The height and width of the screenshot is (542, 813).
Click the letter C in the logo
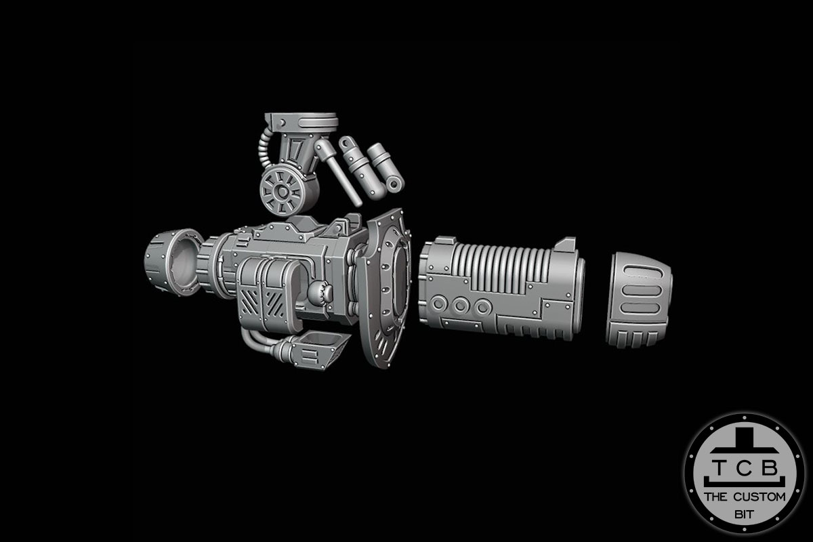(744, 469)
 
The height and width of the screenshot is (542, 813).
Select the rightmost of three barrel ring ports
(482, 307)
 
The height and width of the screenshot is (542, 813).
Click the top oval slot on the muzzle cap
(640, 273)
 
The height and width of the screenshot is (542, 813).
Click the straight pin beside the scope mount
(341, 172)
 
